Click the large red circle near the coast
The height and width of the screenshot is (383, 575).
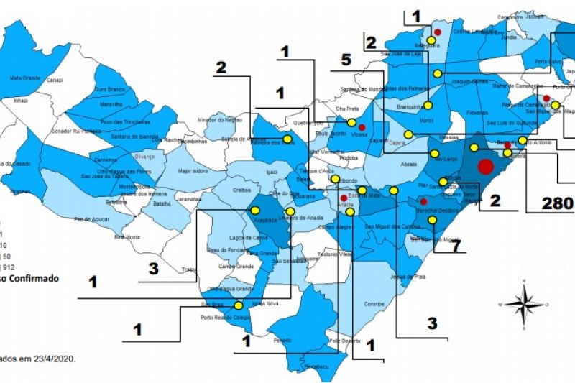(485, 167)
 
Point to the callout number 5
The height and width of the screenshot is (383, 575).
(346, 60)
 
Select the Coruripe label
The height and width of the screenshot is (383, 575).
(374, 304)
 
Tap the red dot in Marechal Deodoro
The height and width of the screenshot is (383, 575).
(424, 202)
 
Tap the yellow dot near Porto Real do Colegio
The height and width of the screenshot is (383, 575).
(238, 305)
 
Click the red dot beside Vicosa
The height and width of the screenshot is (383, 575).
(362, 127)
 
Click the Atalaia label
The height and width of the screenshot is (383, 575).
(409, 164)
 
